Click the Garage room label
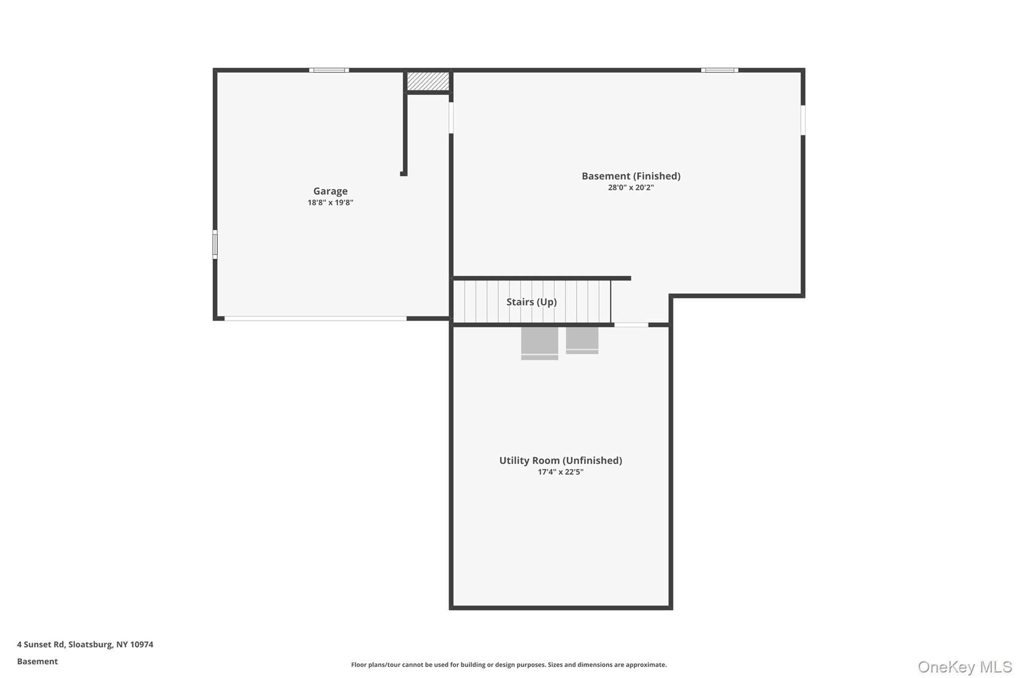330,191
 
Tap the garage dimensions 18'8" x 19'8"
330,203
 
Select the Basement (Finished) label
631,176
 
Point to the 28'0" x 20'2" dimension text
631,188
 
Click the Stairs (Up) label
531,302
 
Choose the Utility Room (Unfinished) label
560,460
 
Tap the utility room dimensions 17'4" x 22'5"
560,472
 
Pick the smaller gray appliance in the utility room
582,340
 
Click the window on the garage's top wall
329,71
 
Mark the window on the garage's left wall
215,244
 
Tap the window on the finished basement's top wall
719,71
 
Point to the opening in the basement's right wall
803,120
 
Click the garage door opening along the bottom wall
315,318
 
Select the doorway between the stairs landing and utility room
631,325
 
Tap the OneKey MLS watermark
964,667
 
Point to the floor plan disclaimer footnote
509,665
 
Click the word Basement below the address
37,662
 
